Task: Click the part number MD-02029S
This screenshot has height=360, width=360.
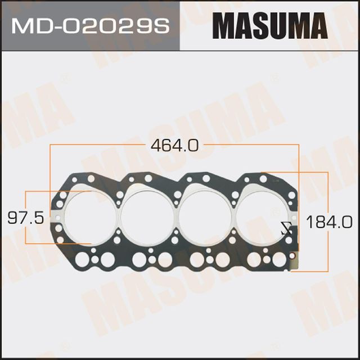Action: [x=89, y=25]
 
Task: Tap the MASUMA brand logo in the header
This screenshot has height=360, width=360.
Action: [x=270, y=25]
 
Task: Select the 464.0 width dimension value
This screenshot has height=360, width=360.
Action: [x=175, y=145]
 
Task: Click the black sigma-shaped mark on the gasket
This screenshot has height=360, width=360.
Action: [x=286, y=228]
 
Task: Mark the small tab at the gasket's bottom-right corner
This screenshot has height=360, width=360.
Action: [x=292, y=264]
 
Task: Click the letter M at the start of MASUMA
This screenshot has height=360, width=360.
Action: [x=222, y=25]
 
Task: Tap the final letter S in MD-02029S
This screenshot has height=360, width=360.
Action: [x=163, y=25]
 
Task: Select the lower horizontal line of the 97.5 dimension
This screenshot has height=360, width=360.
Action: [x=56, y=244]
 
